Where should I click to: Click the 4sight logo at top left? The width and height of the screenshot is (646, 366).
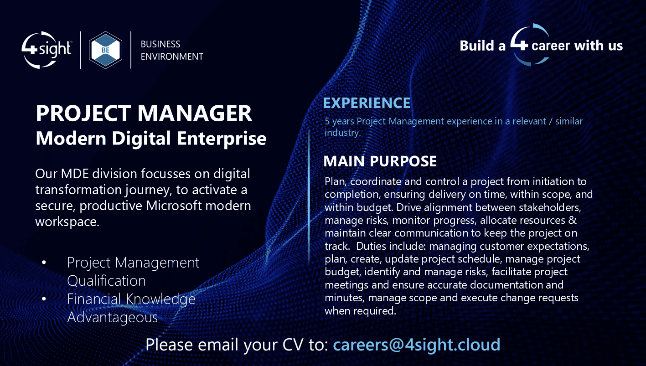[46, 50]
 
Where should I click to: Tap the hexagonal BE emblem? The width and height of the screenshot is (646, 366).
[106, 50]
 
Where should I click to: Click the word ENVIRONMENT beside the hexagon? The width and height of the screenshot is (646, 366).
[172, 57]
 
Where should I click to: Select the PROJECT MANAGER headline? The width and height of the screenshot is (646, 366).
[144, 113]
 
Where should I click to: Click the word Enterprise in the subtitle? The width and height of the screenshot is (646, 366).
[222, 139]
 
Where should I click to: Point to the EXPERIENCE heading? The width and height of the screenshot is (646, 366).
[367, 103]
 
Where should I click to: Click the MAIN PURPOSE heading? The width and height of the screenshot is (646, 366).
[380, 161]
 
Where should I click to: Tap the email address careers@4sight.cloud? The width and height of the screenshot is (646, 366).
[416, 345]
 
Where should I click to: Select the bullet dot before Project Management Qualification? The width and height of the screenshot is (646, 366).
[44, 262]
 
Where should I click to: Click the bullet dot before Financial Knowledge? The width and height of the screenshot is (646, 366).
[44, 299]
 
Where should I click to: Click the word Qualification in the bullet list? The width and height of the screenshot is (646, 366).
[106, 281]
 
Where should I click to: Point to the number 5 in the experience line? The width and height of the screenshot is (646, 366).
[327, 121]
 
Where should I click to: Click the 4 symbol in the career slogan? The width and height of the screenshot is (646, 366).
[519, 45]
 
